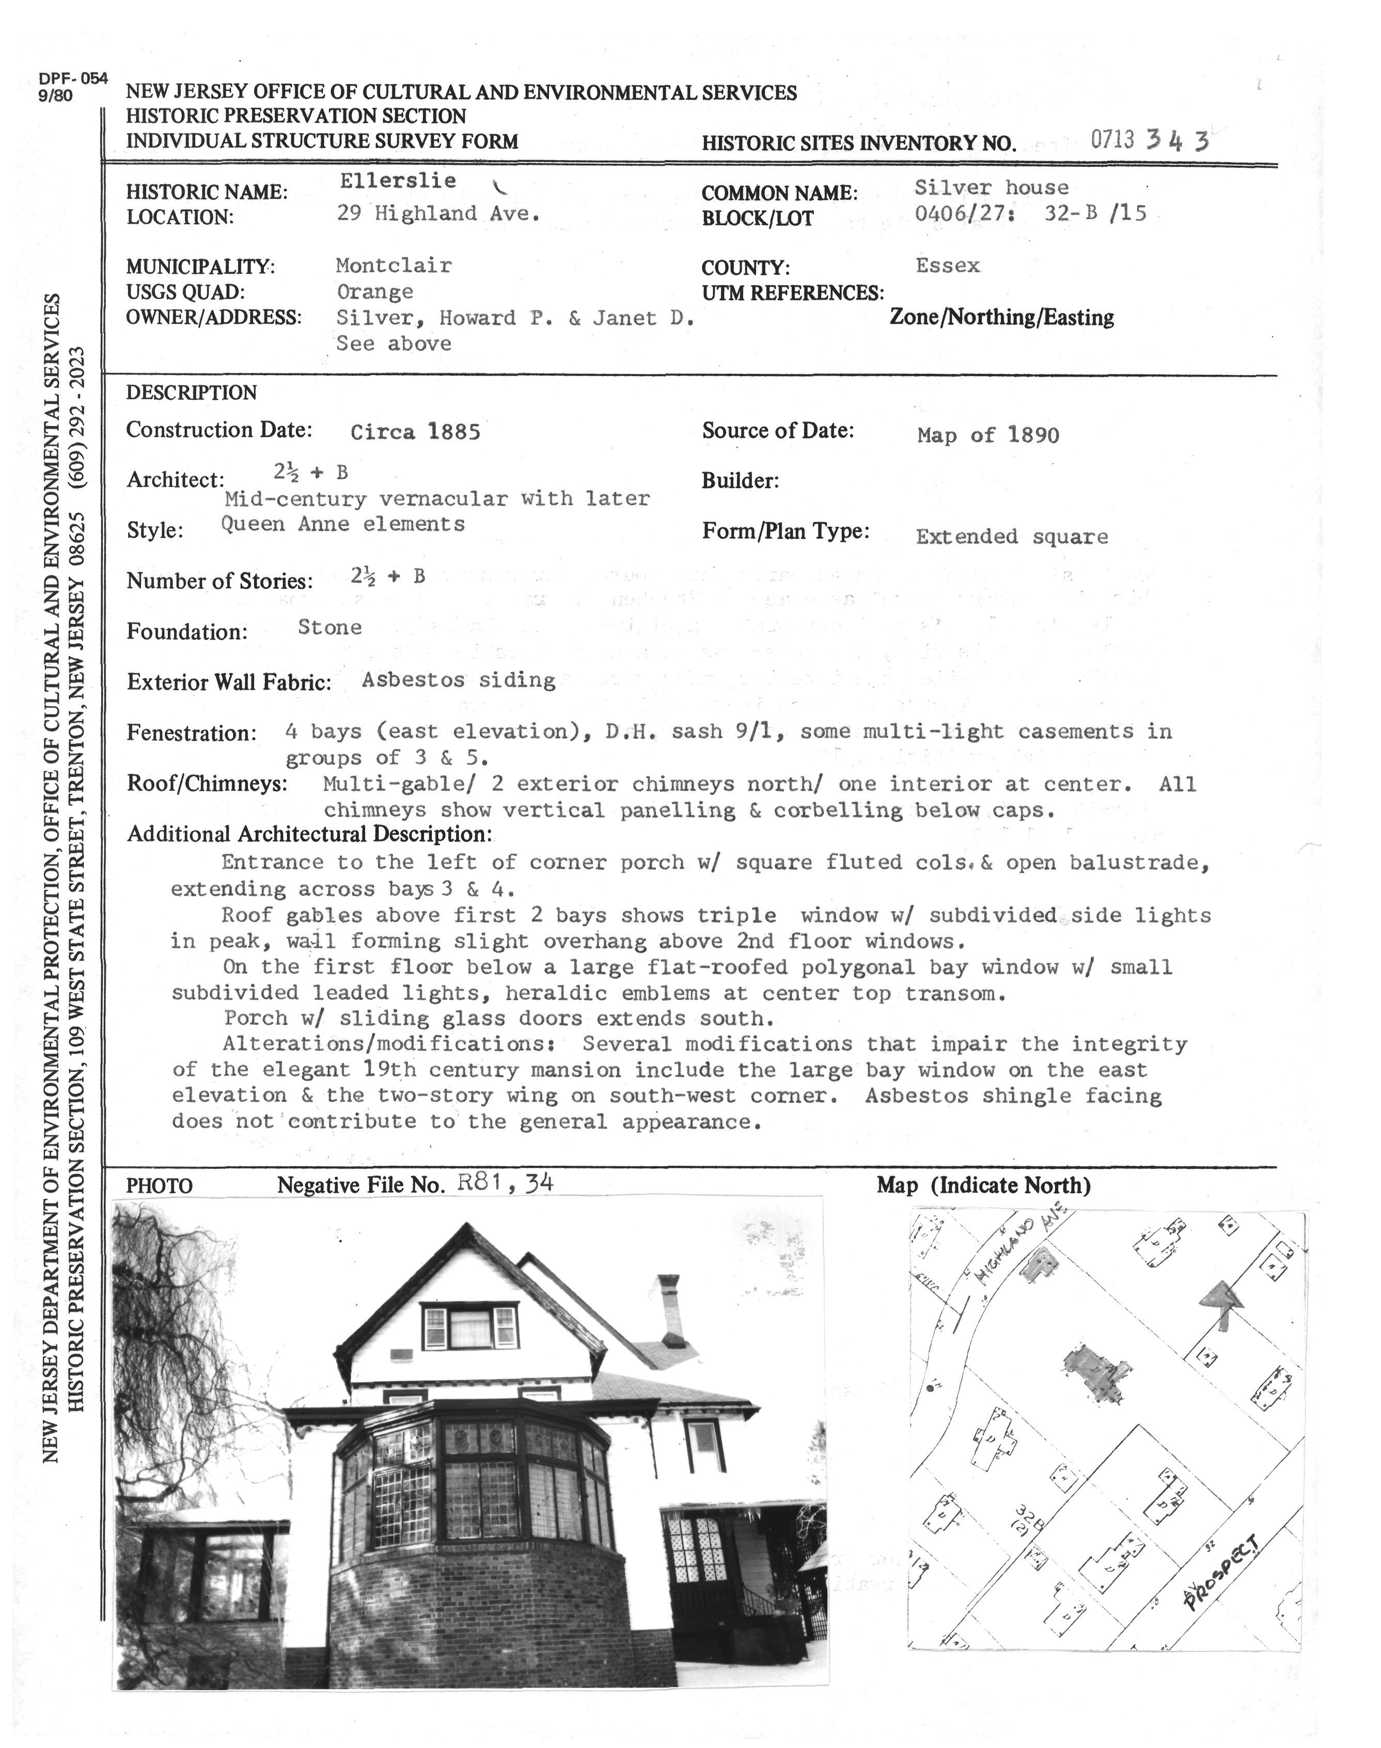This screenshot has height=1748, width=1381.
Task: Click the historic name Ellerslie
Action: coord(397,181)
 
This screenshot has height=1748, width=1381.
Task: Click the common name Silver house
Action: coord(991,188)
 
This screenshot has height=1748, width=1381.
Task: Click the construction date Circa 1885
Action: coord(416,432)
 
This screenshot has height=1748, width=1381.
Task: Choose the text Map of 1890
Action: coord(988,436)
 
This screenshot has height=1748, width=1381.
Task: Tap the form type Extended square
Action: coord(1012,537)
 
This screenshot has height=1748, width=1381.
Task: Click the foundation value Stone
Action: coord(330,628)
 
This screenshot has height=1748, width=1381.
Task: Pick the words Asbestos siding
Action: coord(459,680)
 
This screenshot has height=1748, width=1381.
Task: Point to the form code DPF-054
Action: coord(73,79)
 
